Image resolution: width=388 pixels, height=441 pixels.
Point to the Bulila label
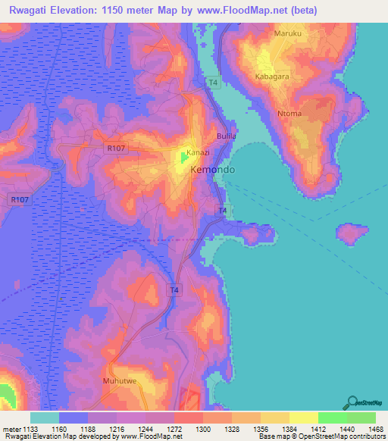point(227,136)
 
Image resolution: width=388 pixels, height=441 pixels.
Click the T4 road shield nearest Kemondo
point(223,210)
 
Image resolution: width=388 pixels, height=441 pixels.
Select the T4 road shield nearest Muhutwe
point(174,289)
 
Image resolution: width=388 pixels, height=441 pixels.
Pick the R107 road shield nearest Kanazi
point(114,149)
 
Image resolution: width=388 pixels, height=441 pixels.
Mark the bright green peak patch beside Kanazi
point(185,158)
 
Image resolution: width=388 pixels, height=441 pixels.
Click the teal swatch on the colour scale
point(44,418)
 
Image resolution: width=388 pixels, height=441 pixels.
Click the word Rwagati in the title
point(34,11)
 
